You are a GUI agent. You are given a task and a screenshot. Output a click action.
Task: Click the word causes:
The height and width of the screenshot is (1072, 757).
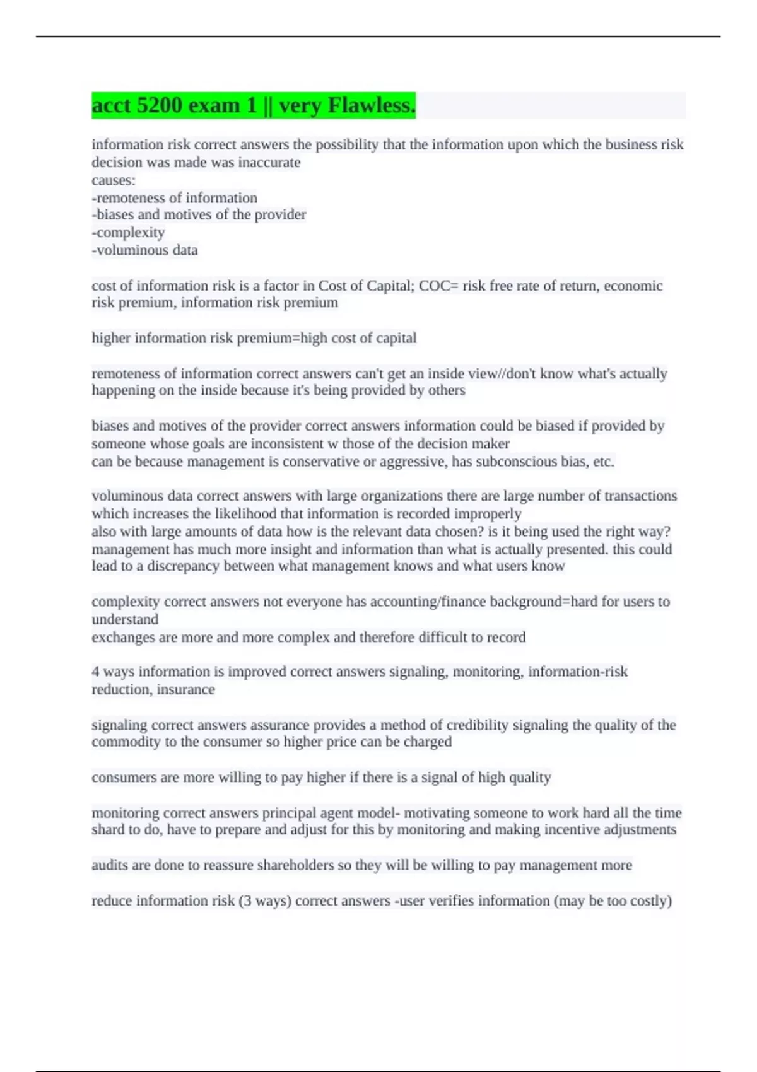tap(114, 180)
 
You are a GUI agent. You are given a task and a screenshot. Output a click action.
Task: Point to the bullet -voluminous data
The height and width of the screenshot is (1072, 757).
tap(144, 250)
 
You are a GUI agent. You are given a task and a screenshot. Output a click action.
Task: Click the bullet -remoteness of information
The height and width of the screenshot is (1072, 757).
tap(174, 198)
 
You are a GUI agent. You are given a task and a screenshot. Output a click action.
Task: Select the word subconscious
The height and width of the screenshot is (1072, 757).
tap(509, 462)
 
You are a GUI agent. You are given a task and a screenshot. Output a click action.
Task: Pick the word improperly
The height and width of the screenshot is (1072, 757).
tap(488, 514)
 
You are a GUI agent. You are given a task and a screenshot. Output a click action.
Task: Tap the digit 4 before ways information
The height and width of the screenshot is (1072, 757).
tap(95, 672)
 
